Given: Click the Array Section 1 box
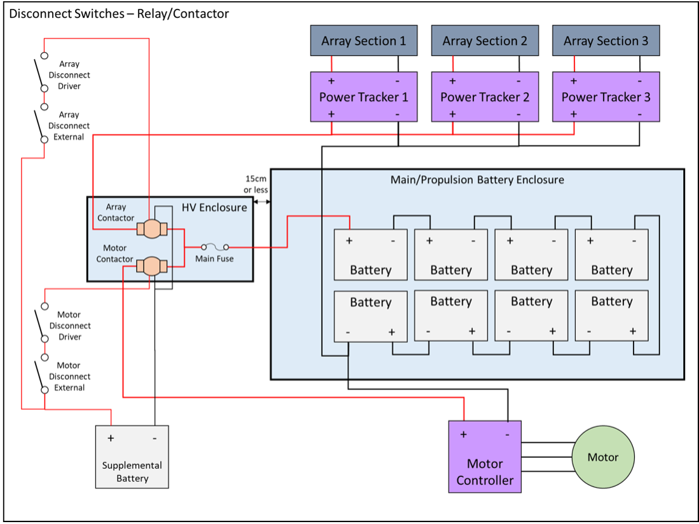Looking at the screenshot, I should [x=363, y=41].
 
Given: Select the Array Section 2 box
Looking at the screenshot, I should [x=485, y=41].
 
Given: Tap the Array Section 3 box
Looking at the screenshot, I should [x=606, y=41].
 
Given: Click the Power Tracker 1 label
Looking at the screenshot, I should [x=363, y=97].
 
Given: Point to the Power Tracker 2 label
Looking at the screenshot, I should [x=485, y=97].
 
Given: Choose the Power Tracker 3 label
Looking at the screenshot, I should [x=606, y=97].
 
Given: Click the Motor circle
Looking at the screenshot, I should [x=603, y=457].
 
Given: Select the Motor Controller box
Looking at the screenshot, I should [x=485, y=457].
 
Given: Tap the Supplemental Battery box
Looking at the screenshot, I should [x=132, y=457].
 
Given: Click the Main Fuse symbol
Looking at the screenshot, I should [x=215, y=247].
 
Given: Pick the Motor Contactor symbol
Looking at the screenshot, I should [x=151, y=266].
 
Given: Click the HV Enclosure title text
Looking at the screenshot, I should [x=214, y=207].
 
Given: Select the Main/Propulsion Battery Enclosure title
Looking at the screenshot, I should [x=477, y=180].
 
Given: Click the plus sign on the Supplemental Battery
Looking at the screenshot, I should [x=111, y=438].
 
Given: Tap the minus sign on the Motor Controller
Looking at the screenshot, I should [x=507, y=434].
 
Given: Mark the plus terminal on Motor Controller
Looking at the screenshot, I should [x=463, y=434].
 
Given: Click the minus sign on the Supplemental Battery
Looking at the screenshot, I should [x=154, y=438].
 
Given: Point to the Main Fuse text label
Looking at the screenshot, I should [x=214, y=259].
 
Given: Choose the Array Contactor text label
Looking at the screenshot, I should [x=116, y=212].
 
